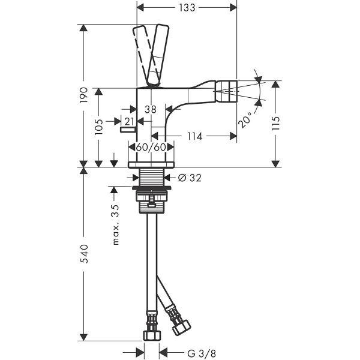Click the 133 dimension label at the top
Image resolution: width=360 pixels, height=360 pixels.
click(x=187, y=8)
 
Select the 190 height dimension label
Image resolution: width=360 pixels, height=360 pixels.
click(x=84, y=95)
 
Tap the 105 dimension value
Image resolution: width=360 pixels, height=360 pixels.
click(x=99, y=127)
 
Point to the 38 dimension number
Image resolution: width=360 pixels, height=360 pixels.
click(x=151, y=110)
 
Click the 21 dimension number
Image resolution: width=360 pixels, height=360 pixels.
click(x=129, y=121)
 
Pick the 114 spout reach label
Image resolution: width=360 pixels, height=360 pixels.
click(x=194, y=136)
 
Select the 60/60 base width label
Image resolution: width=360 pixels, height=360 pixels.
click(x=151, y=147)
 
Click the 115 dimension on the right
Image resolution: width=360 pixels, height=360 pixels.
click(x=275, y=123)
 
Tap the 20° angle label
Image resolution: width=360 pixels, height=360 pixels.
click(x=245, y=120)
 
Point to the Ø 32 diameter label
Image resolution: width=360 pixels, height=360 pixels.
click(x=190, y=178)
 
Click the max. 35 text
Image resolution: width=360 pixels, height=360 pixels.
click(x=115, y=225)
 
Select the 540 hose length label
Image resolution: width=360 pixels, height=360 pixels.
click(x=84, y=254)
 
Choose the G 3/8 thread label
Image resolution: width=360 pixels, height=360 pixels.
click(x=202, y=353)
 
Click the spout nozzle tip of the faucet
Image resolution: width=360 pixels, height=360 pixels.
click(x=227, y=91)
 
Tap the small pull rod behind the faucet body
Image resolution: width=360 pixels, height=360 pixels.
click(x=128, y=130)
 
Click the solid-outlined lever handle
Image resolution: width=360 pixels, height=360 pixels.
click(x=158, y=55)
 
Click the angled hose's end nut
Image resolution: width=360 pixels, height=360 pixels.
click(x=182, y=327)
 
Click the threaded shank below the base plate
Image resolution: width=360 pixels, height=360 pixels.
click(x=152, y=177)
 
